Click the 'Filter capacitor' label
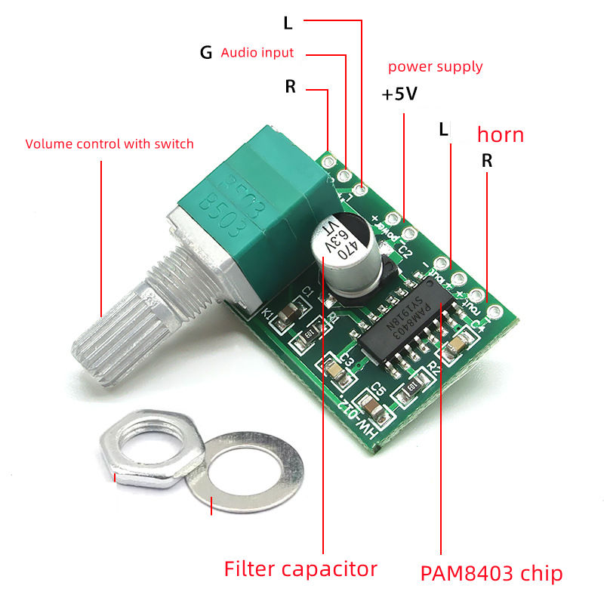click(300, 569)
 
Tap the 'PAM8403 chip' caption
click(492, 573)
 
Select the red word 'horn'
click(500, 135)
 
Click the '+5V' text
click(399, 95)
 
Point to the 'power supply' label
click(435, 67)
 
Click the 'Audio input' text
click(257, 53)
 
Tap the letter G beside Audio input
click(205, 53)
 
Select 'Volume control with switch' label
click(109, 143)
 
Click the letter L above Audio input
click(287, 23)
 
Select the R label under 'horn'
click(487, 160)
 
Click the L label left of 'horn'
click(444, 130)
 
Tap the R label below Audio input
click(290, 87)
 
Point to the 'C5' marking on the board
click(379, 390)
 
